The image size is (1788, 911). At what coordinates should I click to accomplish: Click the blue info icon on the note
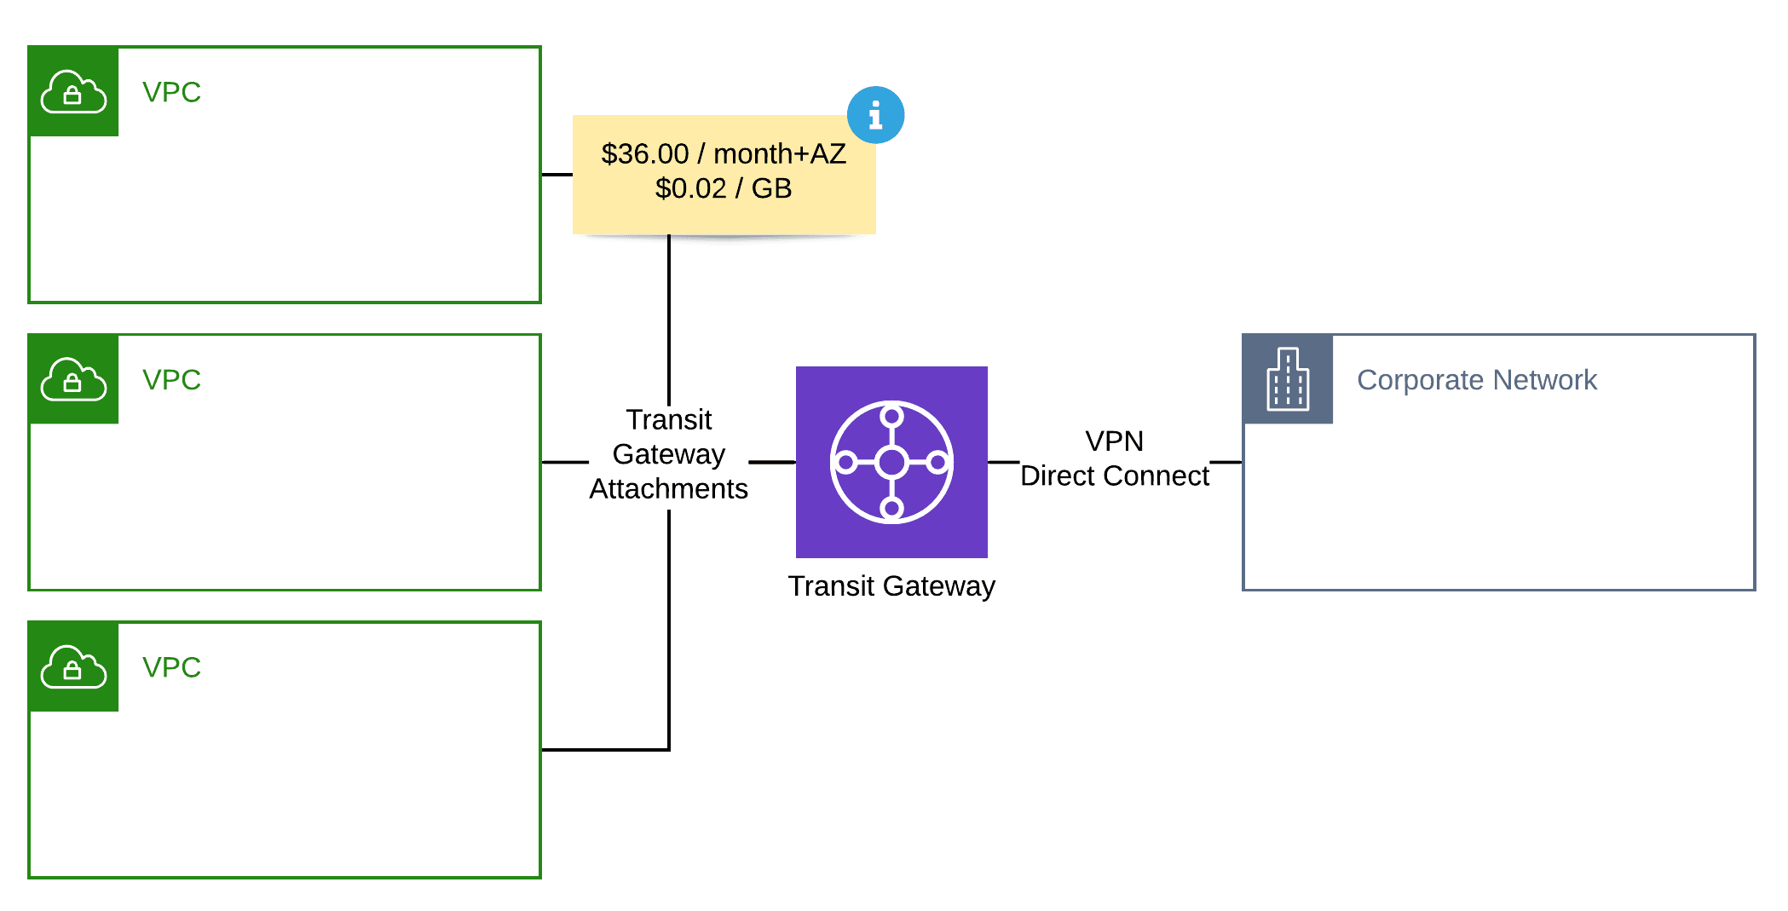(875, 115)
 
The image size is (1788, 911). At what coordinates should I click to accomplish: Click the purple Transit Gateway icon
(891, 462)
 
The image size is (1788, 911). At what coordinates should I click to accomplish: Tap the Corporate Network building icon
(1288, 379)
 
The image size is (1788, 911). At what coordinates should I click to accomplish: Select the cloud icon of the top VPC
(73, 92)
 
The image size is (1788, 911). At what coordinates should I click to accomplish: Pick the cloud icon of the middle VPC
(73, 379)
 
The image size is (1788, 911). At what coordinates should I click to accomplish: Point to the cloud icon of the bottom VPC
(73, 666)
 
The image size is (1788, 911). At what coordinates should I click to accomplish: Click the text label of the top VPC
(171, 92)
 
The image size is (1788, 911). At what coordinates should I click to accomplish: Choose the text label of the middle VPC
(171, 379)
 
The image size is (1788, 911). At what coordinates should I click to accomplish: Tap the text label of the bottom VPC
(171, 667)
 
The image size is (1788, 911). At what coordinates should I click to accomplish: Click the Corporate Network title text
(1476, 380)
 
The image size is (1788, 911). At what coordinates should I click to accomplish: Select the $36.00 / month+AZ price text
(724, 154)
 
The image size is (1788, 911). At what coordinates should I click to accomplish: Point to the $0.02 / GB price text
(724, 188)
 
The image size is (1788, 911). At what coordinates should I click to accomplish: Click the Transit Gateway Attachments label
(668, 454)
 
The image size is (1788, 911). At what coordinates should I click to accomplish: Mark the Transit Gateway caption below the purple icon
(891, 586)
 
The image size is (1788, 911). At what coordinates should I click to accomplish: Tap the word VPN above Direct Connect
(1114, 441)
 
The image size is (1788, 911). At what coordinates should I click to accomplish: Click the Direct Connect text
(1114, 476)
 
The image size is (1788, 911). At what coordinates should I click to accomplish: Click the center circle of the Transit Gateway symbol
(891, 463)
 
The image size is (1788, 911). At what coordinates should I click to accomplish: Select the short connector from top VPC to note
(557, 175)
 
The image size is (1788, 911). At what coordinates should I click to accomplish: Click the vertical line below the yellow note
(669, 315)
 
